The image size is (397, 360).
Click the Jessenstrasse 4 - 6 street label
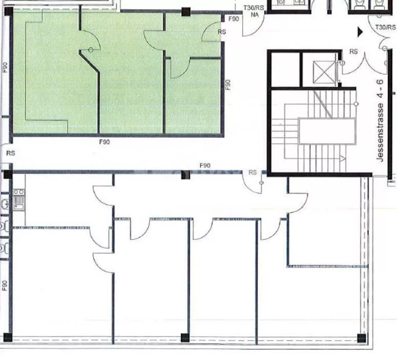click(x=380, y=121)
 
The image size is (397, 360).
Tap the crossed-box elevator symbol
click(x=324, y=72)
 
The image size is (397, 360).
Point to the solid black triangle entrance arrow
click(x=360, y=32)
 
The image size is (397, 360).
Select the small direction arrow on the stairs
click(x=343, y=159)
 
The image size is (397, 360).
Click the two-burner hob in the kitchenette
click(x=19, y=192)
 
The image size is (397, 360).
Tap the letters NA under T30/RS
click(x=254, y=15)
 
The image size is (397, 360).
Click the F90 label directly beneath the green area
click(x=104, y=142)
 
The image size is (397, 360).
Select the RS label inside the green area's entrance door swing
click(x=222, y=32)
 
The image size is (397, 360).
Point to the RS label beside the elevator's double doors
click(x=353, y=52)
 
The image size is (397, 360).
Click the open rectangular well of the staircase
click(x=327, y=131)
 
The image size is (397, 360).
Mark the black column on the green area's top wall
click(x=186, y=12)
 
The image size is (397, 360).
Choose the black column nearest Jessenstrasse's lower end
click(x=362, y=338)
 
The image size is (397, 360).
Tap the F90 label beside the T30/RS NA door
click(x=233, y=19)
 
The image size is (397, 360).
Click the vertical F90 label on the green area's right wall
click(x=228, y=85)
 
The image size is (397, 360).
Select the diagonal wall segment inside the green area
click(x=89, y=62)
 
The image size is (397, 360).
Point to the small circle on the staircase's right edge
click(x=356, y=104)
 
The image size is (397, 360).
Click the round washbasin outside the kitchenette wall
click(x=5, y=203)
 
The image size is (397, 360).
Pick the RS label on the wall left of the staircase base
click(x=252, y=173)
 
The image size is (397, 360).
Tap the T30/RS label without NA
click(x=385, y=27)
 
